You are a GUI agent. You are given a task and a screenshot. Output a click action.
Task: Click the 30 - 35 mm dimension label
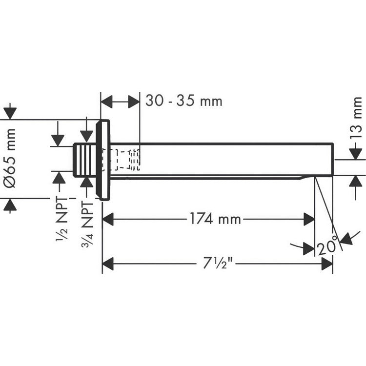[184, 101]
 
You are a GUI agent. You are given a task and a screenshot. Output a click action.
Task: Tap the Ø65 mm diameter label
[10, 158]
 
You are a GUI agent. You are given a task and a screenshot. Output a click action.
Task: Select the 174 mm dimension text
[215, 219]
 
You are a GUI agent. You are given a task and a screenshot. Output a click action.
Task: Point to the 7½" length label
[218, 263]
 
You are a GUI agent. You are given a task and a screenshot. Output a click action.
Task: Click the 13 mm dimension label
[356, 118]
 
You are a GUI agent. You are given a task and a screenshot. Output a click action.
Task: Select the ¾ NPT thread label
[87, 224]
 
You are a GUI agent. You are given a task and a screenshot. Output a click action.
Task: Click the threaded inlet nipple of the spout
[85, 160]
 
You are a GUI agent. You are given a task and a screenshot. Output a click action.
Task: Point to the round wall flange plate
[103, 160]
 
